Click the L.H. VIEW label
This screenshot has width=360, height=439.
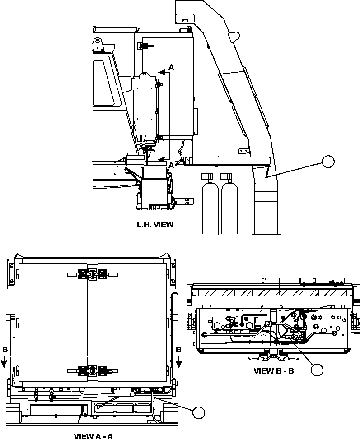click(x=154, y=224)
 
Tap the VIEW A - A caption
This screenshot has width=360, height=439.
click(x=93, y=435)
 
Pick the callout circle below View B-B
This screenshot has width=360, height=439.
click(x=317, y=370)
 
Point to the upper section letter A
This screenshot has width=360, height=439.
click(x=171, y=67)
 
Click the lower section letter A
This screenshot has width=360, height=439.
click(x=171, y=165)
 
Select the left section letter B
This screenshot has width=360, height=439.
click(x=5, y=349)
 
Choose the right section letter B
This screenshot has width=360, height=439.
click(x=179, y=349)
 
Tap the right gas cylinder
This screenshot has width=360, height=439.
click(x=229, y=203)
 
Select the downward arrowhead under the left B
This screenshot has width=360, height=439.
click(x=5, y=363)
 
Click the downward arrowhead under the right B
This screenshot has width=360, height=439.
click(x=179, y=363)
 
